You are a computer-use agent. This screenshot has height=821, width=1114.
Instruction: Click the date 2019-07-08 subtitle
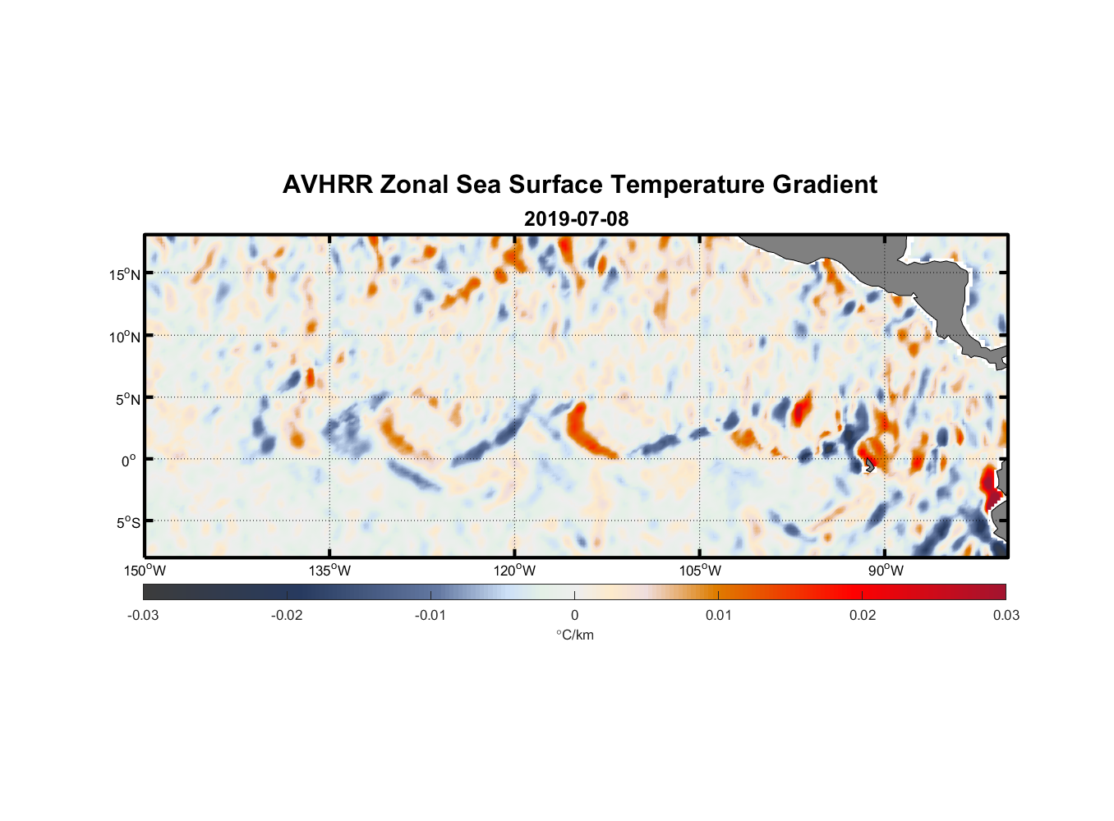tap(576, 219)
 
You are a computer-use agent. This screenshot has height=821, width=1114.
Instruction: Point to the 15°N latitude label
tap(125, 274)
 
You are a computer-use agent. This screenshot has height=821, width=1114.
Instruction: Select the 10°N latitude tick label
tap(125, 337)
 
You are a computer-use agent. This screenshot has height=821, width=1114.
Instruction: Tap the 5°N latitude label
tap(128, 399)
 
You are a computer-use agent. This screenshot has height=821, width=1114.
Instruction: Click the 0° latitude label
tap(129, 461)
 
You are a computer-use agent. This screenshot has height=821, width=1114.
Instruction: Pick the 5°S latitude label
tap(128, 523)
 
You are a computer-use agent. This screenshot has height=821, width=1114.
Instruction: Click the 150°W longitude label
tap(145, 571)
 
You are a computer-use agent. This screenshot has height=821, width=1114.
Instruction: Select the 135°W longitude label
tap(330, 571)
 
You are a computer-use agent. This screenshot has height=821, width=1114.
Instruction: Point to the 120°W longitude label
tap(515, 571)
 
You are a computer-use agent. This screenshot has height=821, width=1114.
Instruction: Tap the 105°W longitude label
tap(700, 571)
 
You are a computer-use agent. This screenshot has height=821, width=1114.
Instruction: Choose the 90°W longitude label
tap(886, 571)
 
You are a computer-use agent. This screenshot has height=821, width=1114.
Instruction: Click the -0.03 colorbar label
tap(143, 616)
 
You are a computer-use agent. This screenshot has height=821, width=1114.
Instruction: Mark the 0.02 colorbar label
tap(863, 616)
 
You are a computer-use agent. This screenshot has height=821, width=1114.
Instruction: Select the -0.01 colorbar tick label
tap(430, 616)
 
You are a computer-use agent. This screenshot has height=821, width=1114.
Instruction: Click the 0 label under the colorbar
tap(574, 616)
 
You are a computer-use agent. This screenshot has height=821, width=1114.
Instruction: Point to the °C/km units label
tap(574, 635)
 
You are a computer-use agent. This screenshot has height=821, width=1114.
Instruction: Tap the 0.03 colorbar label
tap(1006, 616)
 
